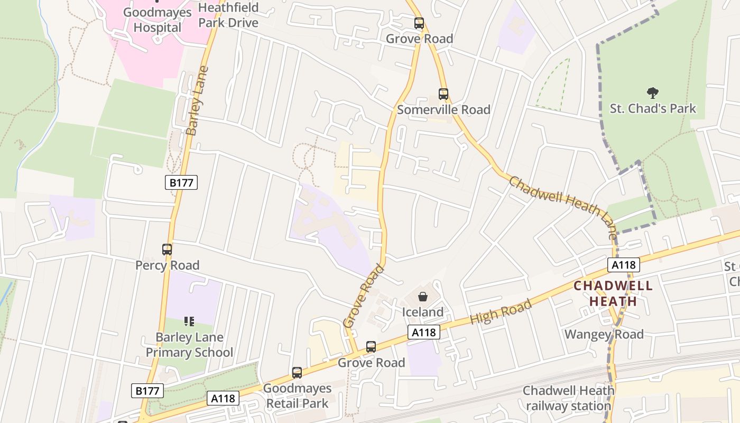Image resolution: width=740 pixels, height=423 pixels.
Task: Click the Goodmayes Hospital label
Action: click(x=157, y=20)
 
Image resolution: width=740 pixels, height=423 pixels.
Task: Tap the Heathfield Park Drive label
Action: click(x=228, y=15)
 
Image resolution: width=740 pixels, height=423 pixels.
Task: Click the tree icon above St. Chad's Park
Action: click(x=653, y=94)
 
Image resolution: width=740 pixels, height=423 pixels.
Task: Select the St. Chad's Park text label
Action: click(x=653, y=109)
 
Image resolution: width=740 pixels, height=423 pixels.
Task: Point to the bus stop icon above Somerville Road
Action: click(x=443, y=94)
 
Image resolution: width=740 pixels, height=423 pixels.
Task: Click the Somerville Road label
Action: click(x=443, y=109)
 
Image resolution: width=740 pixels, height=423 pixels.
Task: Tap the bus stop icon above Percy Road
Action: click(x=167, y=250)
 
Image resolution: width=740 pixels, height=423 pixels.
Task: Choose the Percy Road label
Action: click(x=167, y=265)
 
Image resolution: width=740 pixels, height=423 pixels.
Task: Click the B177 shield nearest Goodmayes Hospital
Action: click(x=181, y=183)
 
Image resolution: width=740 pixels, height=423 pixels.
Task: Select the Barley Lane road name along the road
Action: click(x=197, y=100)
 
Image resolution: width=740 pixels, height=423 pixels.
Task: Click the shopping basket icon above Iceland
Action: click(x=422, y=297)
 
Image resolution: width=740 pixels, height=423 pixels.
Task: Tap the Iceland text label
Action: click(x=422, y=312)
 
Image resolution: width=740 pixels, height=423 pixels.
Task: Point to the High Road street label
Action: click(x=501, y=312)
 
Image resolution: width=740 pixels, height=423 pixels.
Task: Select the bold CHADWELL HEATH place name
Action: click(x=613, y=293)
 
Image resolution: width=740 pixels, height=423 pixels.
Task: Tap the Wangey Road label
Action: click(x=604, y=334)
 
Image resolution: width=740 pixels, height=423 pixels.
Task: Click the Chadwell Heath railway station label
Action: click(x=568, y=398)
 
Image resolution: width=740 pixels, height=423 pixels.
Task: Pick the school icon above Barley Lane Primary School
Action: click(x=189, y=321)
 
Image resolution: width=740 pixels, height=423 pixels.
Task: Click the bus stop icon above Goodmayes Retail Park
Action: click(x=297, y=373)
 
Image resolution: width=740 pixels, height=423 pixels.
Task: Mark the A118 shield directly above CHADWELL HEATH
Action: click(x=624, y=265)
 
